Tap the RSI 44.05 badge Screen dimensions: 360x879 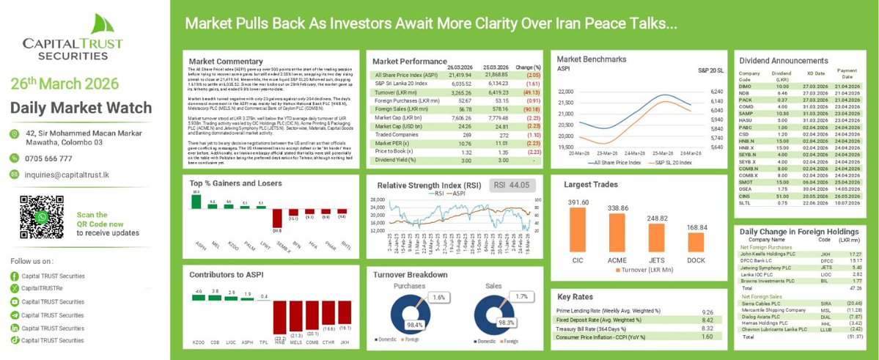(x=512, y=185)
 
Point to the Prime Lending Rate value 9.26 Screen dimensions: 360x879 (x=707, y=312)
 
